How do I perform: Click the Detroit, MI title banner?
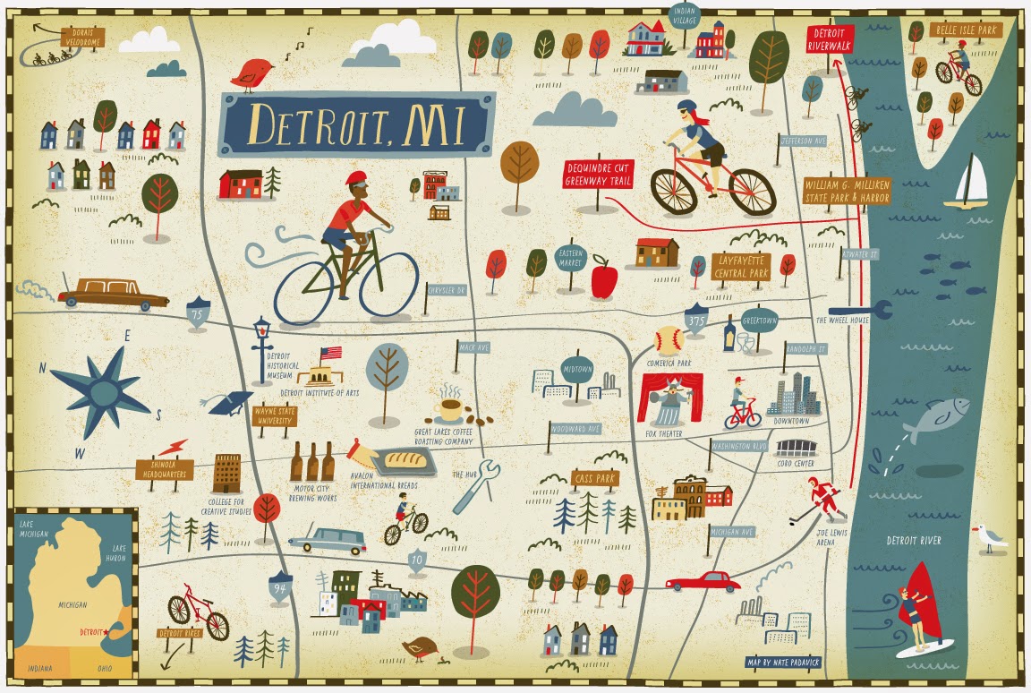(356, 124)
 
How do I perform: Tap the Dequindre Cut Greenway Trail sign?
(598, 175)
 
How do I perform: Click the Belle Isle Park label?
(967, 30)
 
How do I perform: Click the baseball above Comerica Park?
(669, 339)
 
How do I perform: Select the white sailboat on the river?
(970, 183)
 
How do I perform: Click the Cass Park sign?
(595, 479)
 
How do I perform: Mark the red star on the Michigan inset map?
(107, 632)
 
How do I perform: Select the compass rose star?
(100, 388)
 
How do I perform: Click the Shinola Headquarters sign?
(165, 469)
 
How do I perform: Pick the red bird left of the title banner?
(252, 73)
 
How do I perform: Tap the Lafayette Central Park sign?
(741, 266)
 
